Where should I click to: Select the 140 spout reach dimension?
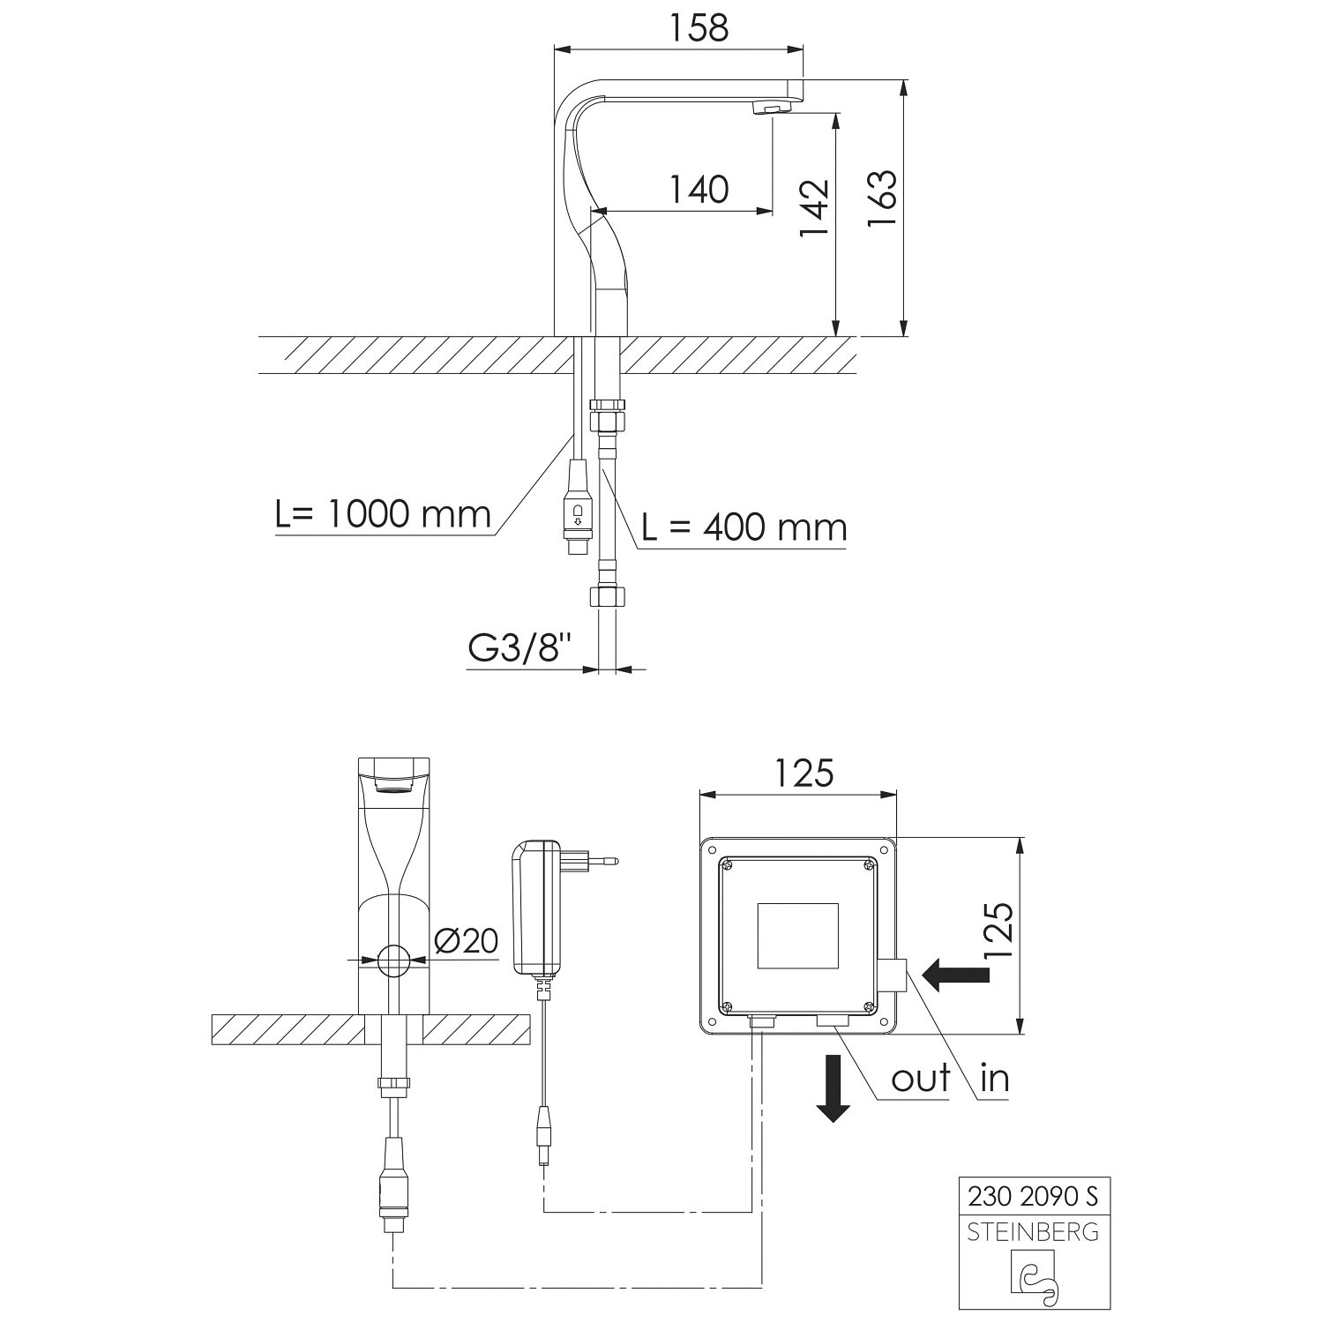[x=699, y=189]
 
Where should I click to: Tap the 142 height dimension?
[x=814, y=208]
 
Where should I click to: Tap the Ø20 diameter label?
[x=467, y=942]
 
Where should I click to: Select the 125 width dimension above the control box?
[x=804, y=773]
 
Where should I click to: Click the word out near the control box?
[x=921, y=1078]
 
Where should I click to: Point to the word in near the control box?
[x=994, y=1078]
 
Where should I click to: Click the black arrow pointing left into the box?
[x=955, y=973]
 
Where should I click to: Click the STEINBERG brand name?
[x=1034, y=1231]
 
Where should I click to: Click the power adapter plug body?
[x=535, y=908]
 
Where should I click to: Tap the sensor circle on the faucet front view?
[x=393, y=960]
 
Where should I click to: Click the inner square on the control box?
[x=798, y=935]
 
